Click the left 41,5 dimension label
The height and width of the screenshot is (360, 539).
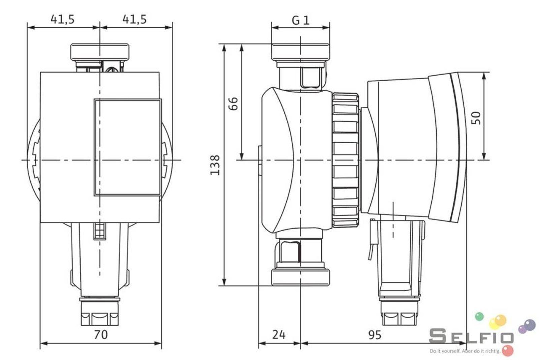[63, 20]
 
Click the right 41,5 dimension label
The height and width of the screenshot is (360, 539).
[134, 20]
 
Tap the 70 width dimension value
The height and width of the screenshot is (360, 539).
[101, 334]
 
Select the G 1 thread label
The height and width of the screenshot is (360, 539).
[300, 21]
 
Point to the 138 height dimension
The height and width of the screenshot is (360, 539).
[215, 165]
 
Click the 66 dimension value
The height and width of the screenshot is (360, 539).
[233, 103]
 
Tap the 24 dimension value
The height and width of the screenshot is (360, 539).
[279, 334]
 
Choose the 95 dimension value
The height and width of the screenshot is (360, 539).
[375, 334]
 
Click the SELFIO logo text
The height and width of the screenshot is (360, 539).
[471, 336]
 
